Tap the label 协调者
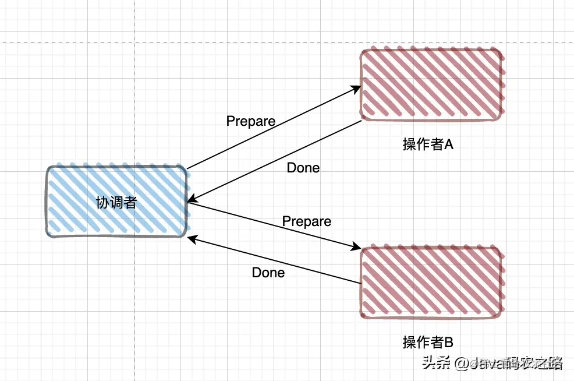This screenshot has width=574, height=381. click(116, 203)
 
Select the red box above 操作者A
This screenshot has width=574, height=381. click(431, 85)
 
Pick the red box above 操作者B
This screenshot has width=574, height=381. click(431, 283)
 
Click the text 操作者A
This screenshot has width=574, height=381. click(428, 144)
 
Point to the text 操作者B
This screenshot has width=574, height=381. click(428, 342)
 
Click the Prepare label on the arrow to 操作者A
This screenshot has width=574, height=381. click(250, 121)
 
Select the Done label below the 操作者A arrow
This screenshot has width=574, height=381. click(303, 168)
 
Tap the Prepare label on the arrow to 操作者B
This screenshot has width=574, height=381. click(307, 221)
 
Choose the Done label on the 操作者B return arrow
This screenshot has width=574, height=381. click(268, 273)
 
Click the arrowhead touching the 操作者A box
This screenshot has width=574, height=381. click(356, 89)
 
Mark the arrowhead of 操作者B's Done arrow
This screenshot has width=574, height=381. click(193, 238)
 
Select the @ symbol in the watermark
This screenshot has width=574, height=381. click(462, 364)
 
